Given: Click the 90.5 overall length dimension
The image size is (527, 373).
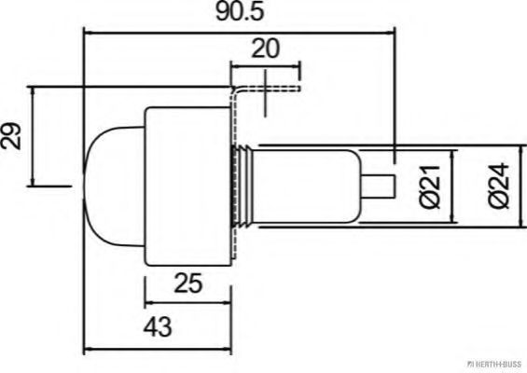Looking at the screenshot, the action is click(240, 12).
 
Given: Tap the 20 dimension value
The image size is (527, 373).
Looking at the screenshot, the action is click(265, 48).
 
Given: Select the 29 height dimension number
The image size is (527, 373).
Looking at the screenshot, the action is click(11, 136).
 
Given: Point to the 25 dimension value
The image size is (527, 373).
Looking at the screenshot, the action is click(188, 283).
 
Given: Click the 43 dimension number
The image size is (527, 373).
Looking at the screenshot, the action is click(158, 326).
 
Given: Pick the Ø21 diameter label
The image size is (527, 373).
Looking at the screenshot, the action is click(430, 186).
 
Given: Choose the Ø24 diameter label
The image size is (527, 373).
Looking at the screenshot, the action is click(499, 186).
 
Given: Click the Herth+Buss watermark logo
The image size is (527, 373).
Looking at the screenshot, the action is click(494, 364).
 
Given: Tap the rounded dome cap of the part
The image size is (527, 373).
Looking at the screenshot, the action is click(115, 187).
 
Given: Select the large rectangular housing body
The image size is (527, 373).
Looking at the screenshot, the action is click(188, 186).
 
